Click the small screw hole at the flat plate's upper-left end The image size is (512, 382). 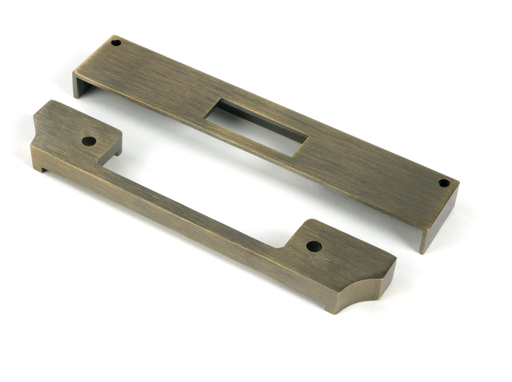(116, 42)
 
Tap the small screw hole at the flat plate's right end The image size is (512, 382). (444, 183)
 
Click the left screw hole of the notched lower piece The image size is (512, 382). (89, 141)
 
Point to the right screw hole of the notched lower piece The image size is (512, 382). (314, 246)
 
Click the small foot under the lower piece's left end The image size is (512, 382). (38, 168)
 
